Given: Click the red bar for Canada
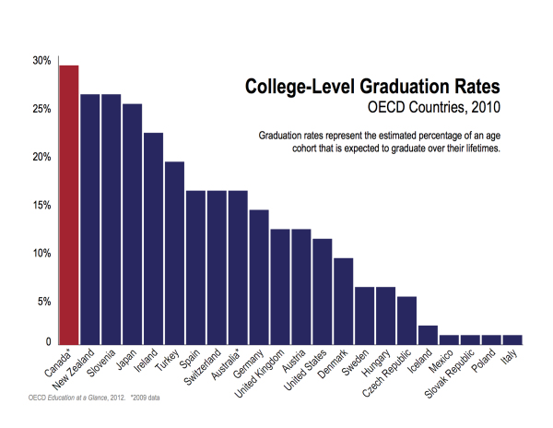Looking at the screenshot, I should [x=69, y=203].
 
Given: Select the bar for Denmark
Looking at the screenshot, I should [x=343, y=300].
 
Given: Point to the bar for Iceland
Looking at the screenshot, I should [x=428, y=333].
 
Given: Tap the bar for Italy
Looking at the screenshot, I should [x=512, y=338].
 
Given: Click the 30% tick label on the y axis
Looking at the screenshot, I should [x=41, y=61].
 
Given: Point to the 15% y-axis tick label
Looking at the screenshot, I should [x=41, y=205].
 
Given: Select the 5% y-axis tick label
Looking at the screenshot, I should [x=43, y=301].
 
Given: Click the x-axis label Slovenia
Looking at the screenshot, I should [x=100, y=363].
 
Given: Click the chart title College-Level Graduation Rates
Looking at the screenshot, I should [x=372, y=86].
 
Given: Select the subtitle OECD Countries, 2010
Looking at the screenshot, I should [x=434, y=108].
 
